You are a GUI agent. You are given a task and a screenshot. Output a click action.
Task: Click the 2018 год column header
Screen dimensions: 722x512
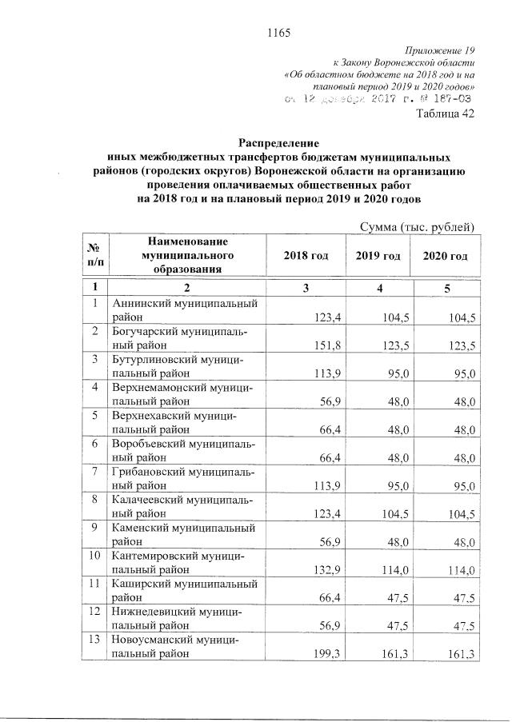[306, 255]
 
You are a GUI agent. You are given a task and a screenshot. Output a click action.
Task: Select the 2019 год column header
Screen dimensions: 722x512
[378, 255]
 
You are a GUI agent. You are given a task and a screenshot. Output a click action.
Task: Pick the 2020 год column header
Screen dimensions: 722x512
[445, 255]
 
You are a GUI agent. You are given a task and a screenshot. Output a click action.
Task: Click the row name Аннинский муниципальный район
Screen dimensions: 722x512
[183, 310]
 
